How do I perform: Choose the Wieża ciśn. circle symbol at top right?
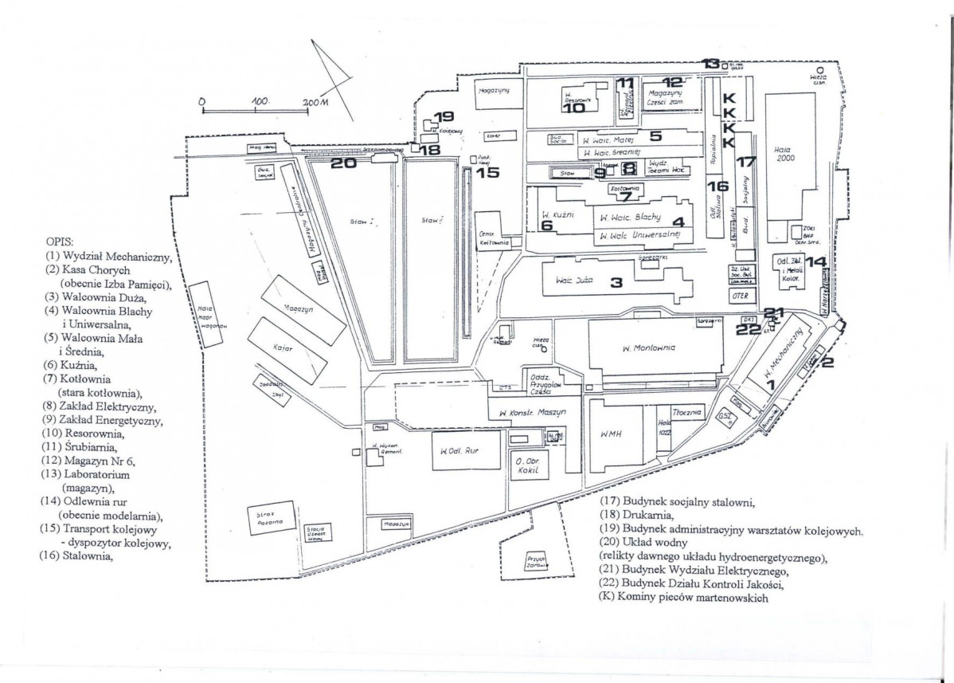pos(819,69)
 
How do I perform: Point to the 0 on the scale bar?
pos(202,103)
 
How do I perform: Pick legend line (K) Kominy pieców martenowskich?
pos(686,599)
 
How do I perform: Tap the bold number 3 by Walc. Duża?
pos(616,282)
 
